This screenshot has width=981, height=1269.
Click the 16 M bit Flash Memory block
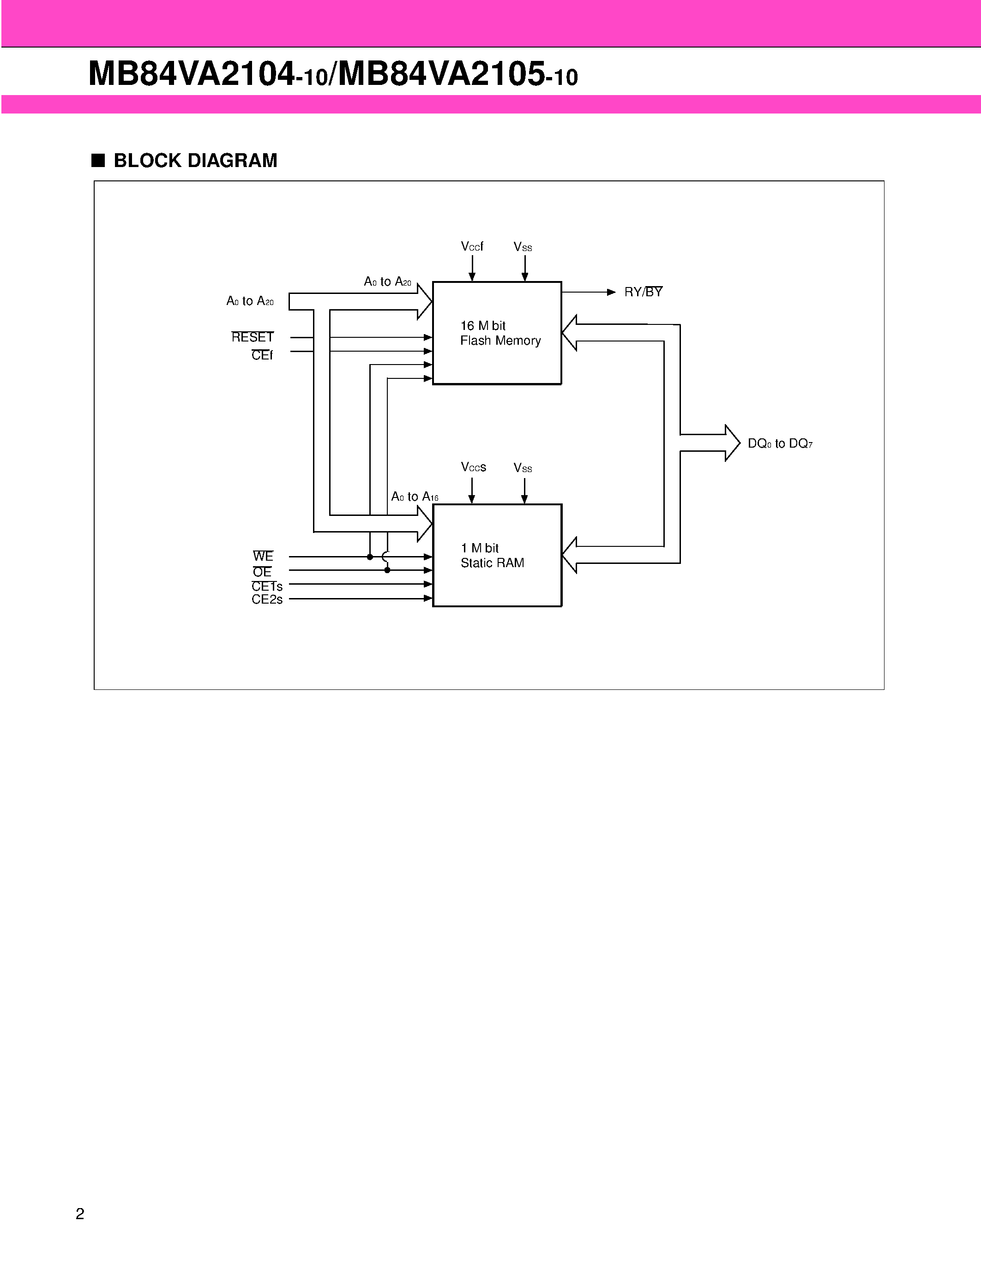click(x=497, y=333)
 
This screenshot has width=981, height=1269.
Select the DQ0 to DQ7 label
click(x=779, y=443)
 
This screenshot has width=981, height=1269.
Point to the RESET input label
click(x=252, y=337)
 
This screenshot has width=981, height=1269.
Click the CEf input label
click(x=261, y=355)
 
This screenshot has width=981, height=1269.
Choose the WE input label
click(x=263, y=556)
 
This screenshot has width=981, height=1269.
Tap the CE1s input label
click(x=267, y=586)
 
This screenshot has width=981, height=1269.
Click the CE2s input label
click(x=267, y=599)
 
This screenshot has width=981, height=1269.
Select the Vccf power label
click(x=472, y=246)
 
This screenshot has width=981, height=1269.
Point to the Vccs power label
click(x=473, y=467)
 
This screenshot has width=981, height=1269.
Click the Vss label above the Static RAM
click(x=523, y=468)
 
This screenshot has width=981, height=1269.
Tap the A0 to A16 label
click(x=415, y=497)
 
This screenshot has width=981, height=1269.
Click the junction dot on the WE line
click(x=370, y=557)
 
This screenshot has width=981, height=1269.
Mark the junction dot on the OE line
click(x=387, y=570)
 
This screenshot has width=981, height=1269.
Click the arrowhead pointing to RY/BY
click(x=611, y=292)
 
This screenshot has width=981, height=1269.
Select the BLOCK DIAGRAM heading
click(x=195, y=161)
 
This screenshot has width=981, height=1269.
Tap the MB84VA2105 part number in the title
click(x=442, y=74)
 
